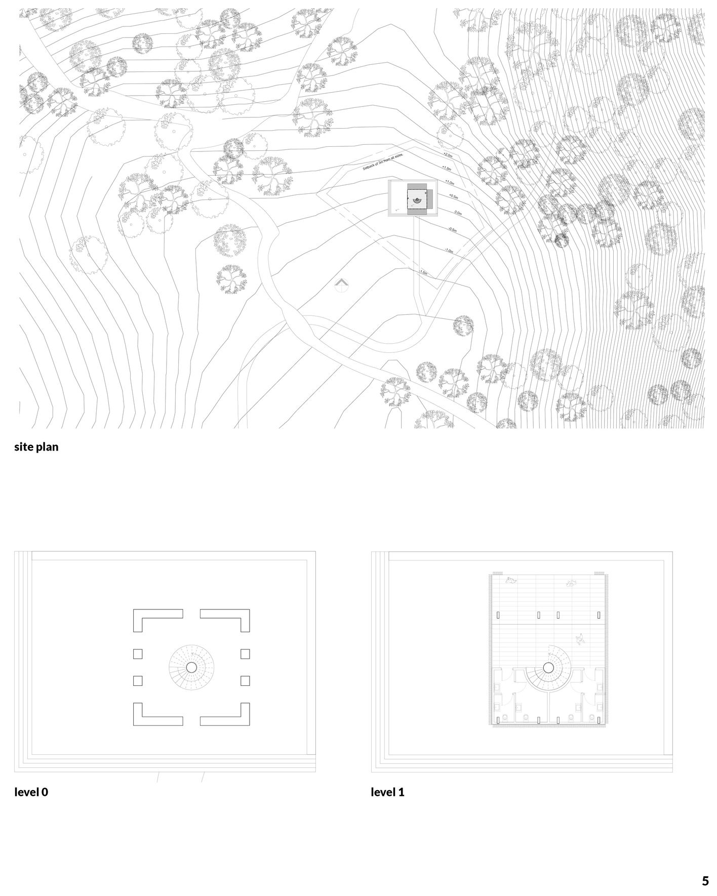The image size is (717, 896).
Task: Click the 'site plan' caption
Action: click(36, 447)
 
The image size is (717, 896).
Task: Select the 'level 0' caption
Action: click(31, 792)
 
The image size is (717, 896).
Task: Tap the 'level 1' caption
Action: click(387, 792)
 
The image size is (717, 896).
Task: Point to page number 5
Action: click(705, 881)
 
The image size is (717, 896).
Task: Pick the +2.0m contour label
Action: click(448, 154)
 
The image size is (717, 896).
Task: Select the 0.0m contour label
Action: click(458, 213)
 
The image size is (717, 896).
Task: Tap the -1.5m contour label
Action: click(423, 273)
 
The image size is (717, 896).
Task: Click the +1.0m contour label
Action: click(449, 182)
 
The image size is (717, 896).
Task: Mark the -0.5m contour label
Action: click(452, 230)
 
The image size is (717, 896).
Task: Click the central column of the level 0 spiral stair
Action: click(191, 667)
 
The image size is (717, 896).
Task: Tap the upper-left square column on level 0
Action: click(138, 654)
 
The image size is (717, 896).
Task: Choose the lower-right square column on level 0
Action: click(245, 681)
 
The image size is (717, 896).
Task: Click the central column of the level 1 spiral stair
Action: click(548, 668)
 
